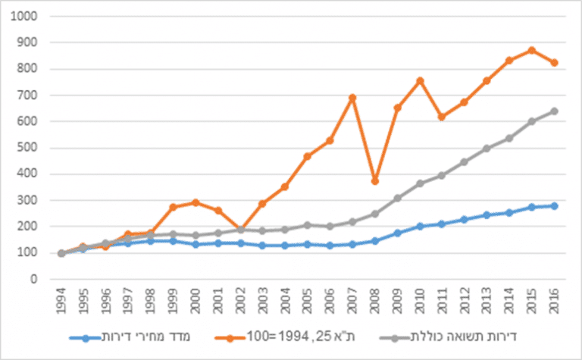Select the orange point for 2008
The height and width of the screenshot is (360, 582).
click(374, 181)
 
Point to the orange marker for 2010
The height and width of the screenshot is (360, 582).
click(419, 80)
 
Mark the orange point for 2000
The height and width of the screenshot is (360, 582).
click(196, 202)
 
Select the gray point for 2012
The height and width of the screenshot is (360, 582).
click(463, 161)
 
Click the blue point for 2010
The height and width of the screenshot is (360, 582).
click(419, 226)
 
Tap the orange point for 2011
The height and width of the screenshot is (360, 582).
click(441, 117)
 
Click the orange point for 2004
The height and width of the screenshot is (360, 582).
click(285, 186)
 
